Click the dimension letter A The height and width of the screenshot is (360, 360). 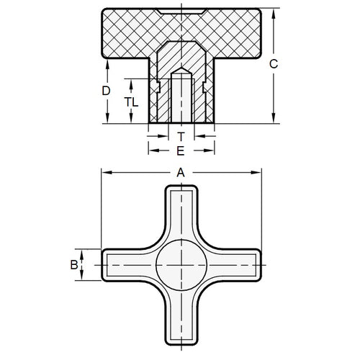pyautogui.click(x=181, y=172)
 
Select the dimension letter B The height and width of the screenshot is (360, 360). pyautogui.click(x=73, y=265)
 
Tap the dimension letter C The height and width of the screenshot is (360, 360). pyautogui.click(x=273, y=64)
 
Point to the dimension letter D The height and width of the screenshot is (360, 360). pyautogui.click(x=106, y=91)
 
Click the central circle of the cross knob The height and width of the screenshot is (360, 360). pyautogui.click(x=181, y=265)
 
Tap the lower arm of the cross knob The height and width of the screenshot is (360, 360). pyautogui.click(x=181, y=317)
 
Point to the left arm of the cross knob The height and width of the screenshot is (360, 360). pyautogui.click(x=126, y=265)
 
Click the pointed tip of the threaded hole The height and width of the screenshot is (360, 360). pyautogui.click(x=181, y=72)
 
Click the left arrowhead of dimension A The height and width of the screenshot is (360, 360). pyautogui.click(x=104, y=172)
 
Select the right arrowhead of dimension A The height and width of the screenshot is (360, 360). pyautogui.click(x=257, y=172)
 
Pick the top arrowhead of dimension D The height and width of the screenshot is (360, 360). pyautogui.click(x=106, y=60)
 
